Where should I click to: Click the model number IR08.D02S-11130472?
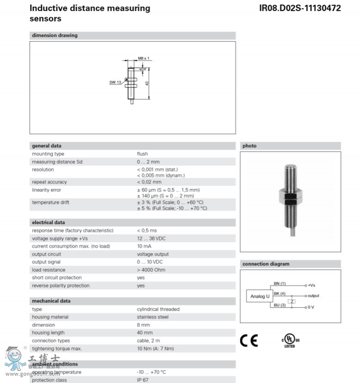[x=300, y=8]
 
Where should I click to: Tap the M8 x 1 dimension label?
[x=144, y=59]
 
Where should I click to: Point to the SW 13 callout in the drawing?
[x=115, y=82]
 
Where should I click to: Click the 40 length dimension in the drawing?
[x=146, y=83]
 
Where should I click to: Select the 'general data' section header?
[x=46, y=146]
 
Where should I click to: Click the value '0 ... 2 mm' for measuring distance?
[x=148, y=162]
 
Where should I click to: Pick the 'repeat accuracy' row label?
[x=49, y=182]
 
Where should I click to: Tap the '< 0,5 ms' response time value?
[x=146, y=231]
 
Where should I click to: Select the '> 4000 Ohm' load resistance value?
[x=151, y=270]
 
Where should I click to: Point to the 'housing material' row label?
[x=50, y=317]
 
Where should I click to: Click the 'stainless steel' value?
[x=153, y=317]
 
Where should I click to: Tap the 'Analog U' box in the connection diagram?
[x=259, y=296]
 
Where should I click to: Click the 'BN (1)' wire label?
[x=280, y=283]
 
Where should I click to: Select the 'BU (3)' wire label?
[x=280, y=304]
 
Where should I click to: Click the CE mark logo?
[x=249, y=341]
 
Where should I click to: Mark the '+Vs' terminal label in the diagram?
[x=311, y=286]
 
